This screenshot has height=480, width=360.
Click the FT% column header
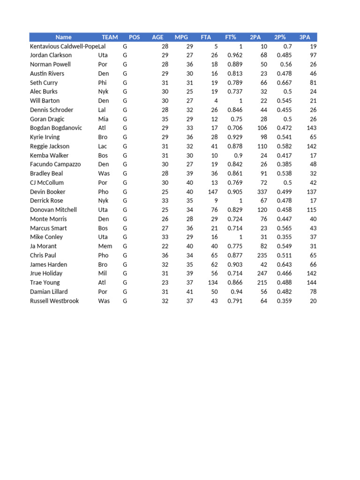coord(231,37)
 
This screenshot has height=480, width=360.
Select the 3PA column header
coord(305,37)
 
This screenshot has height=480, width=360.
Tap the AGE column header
coord(157,37)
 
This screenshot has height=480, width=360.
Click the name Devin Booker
coord(48,192)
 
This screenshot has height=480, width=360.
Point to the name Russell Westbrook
coord(54,301)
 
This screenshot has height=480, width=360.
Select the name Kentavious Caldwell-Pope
coord(64,46)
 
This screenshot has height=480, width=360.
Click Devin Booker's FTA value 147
coord(213,192)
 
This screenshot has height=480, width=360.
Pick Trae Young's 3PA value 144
coord(311,283)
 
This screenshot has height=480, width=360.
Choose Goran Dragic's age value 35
coord(165,119)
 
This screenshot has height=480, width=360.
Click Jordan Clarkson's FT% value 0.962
coord(235,55)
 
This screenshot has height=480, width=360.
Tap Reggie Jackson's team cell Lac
coord(103,146)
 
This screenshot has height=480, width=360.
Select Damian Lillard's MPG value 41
coord(189,292)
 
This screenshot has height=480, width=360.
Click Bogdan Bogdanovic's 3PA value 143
coord(311,128)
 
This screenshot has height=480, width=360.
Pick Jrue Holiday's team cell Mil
coord(103,273)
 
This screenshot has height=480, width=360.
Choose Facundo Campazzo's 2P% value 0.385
coord(285,165)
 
